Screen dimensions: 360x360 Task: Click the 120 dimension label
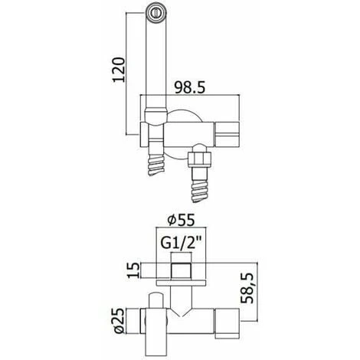tap(119, 70)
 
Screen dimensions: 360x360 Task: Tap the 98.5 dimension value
tap(190, 87)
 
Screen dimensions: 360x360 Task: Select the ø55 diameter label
tap(181, 220)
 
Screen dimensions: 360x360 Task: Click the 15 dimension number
tap(134, 270)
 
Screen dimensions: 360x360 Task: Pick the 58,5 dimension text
tap(247, 288)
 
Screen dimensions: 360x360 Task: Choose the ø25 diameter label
tap(119, 321)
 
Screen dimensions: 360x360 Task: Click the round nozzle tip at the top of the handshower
tap(156, 12)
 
